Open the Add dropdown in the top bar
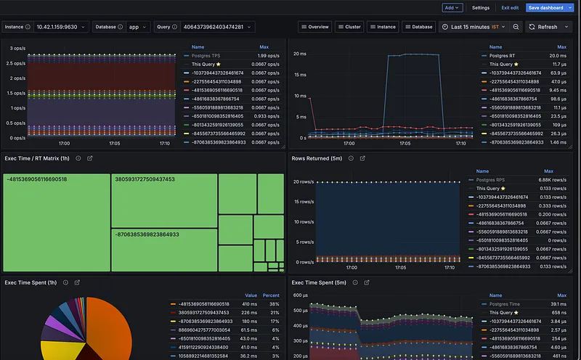(452, 7)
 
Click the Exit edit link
(510, 7)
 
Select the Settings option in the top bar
(481, 7)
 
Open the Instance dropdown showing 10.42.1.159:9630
(61, 27)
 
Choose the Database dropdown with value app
(134, 27)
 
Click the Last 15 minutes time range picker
(473, 27)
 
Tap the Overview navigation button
(315, 27)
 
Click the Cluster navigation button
(349, 27)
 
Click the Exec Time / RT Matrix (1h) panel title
(37, 158)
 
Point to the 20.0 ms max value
(558, 55)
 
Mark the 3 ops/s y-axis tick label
(17, 48)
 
